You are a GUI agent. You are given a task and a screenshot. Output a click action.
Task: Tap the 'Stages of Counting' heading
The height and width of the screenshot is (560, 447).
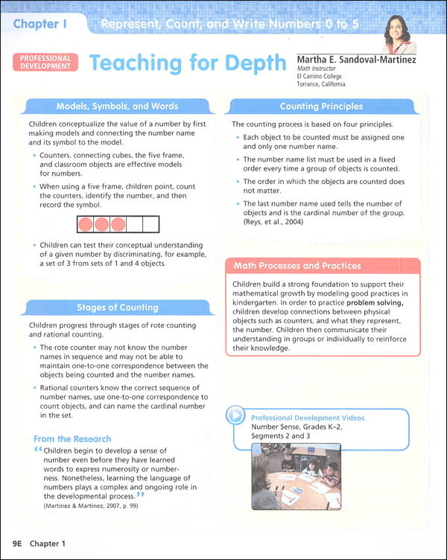118,307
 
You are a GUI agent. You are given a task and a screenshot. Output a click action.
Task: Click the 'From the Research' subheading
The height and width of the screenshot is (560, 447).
72,439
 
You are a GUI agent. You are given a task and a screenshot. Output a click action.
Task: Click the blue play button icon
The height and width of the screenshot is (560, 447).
235,416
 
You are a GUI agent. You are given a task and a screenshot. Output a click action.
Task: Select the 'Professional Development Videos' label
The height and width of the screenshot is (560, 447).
308,418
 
